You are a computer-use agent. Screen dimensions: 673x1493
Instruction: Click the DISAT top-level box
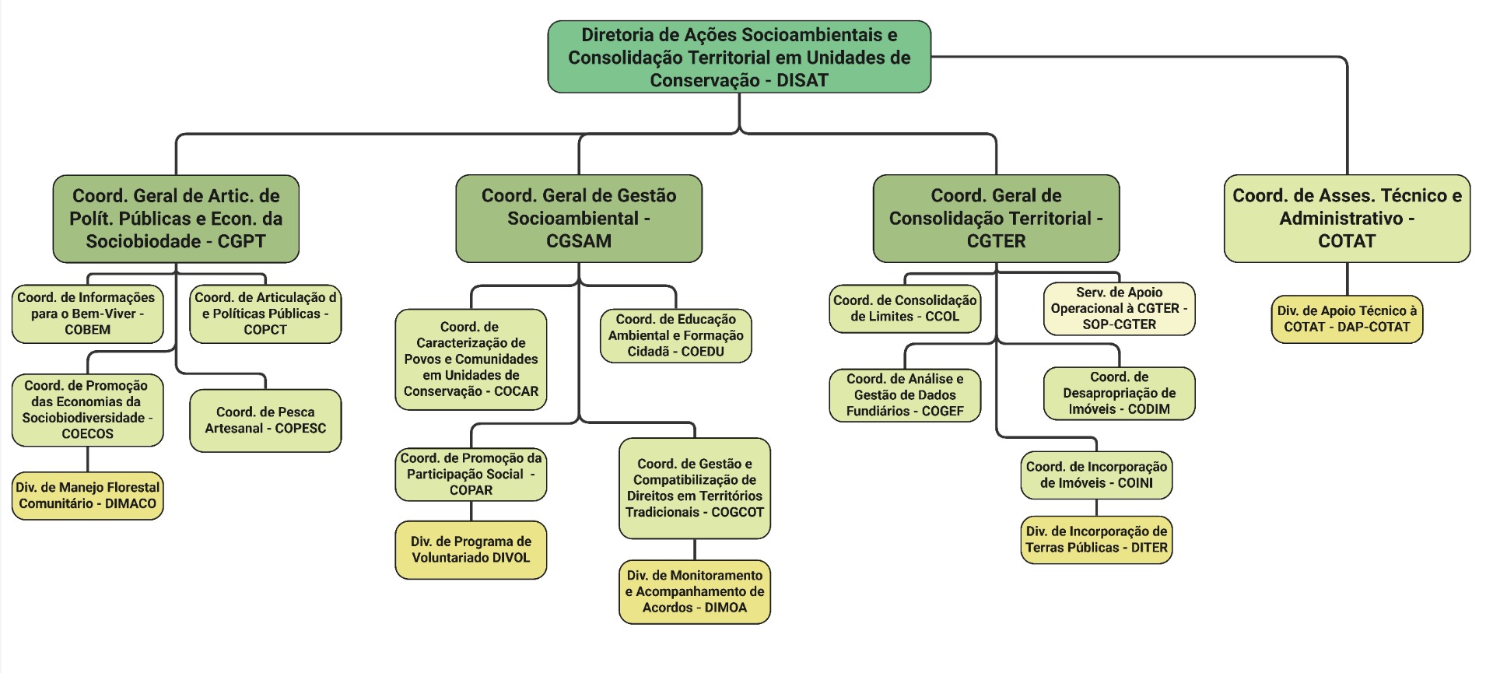tap(739, 57)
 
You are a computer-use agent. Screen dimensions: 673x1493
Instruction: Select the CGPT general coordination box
tap(176, 219)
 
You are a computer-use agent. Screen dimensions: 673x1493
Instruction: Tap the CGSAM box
tap(579, 219)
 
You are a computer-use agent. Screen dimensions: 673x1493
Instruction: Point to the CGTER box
tap(996, 219)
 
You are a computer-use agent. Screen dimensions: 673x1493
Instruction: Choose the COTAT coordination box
tap(1347, 219)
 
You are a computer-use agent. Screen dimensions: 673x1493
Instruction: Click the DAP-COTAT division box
tap(1347, 319)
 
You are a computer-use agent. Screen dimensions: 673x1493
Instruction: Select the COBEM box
tap(87, 314)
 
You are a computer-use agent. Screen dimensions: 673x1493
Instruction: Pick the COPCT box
tap(265, 314)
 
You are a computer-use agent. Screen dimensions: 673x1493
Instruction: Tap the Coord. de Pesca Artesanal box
tap(265, 420)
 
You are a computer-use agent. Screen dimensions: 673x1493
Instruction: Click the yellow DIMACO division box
tap(87, 496)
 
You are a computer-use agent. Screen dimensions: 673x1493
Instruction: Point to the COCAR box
tap(471, 359)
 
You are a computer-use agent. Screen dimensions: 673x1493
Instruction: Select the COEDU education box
tap(675, 335)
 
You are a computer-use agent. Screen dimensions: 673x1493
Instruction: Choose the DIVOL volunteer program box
tap(471, 550)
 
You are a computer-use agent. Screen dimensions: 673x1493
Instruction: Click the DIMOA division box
tap(694, 591)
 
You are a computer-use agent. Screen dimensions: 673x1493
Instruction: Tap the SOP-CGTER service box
tap(1119, 309)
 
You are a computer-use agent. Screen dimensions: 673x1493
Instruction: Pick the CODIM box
tap(1119, 393)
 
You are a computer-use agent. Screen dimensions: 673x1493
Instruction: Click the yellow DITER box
tap(1096, 539)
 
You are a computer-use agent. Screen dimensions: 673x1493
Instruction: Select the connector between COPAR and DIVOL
tap(471, 511)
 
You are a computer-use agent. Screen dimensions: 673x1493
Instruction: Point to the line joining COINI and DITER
tap(1096, 507)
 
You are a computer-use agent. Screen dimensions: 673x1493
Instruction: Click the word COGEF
tap(942, 411)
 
